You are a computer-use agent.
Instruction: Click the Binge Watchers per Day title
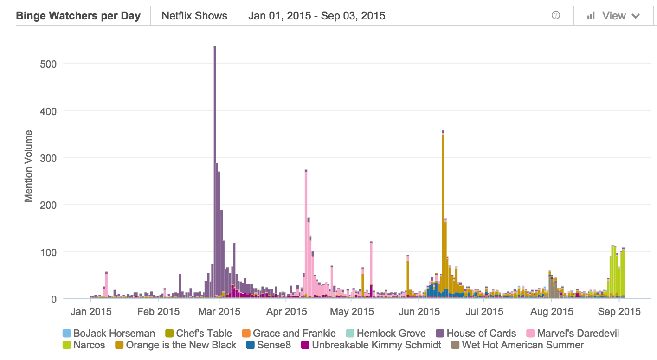(78, 16)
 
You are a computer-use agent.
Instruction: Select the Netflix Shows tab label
(194, 16)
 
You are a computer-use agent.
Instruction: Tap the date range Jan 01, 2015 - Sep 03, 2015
(316, 16)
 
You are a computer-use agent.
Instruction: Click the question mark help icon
(556, 15)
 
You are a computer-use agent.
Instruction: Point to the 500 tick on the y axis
(47, 64)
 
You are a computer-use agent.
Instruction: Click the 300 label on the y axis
(47, 158)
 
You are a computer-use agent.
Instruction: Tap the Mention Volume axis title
(29, 166)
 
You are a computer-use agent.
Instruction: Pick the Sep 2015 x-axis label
(619, 311)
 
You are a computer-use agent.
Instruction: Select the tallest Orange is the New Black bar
(443, 209)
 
